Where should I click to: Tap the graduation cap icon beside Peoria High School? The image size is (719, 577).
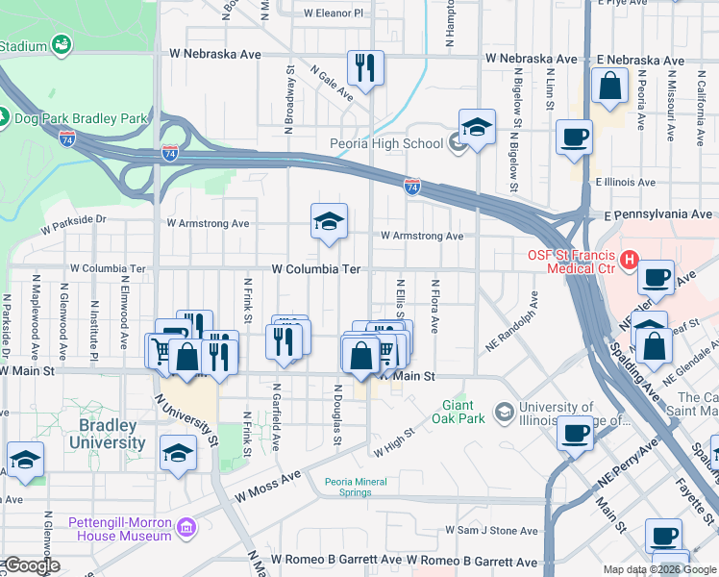pos(476,127)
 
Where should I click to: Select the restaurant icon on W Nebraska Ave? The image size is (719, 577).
pos(364,67)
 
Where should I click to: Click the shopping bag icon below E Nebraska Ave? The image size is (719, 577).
pos(609,88)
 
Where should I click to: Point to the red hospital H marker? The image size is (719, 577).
pos(630,260)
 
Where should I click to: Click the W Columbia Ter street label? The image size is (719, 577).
pos(315,270)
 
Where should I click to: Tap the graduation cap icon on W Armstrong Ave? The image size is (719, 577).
pos(328,222)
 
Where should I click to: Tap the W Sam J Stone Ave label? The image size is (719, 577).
pos(491,531)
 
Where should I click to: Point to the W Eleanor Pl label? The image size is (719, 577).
pos(334,13)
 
